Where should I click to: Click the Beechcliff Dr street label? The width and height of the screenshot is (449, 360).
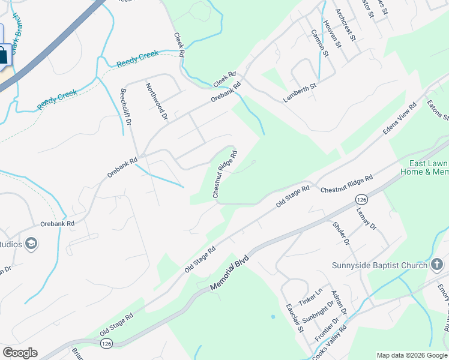point(126,106)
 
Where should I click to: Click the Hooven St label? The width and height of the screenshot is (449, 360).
point(332,34)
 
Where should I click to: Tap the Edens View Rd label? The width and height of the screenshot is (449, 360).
point(400,120)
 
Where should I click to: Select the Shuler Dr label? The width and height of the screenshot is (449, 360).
point(340,233)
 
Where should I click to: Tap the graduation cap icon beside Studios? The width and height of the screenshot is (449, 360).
point(31,243)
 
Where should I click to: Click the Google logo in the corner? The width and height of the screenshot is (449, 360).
point(19,353)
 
